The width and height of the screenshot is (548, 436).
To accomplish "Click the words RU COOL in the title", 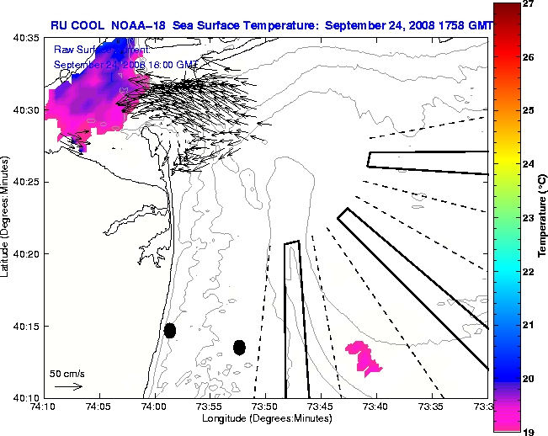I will coord(74,25).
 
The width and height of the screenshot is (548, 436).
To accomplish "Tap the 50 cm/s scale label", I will coord(67,372).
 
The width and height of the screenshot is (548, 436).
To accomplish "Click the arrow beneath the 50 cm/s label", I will coord(67,386).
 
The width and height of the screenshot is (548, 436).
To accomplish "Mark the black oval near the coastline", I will coord(170,330).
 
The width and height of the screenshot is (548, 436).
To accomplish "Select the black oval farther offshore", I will coord(239,347).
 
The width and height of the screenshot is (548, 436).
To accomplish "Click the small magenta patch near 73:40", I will coord(364,357).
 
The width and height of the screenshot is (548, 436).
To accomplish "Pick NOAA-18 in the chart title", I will coord(138,25).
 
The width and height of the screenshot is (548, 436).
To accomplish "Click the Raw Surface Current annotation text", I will coord(93,51).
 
